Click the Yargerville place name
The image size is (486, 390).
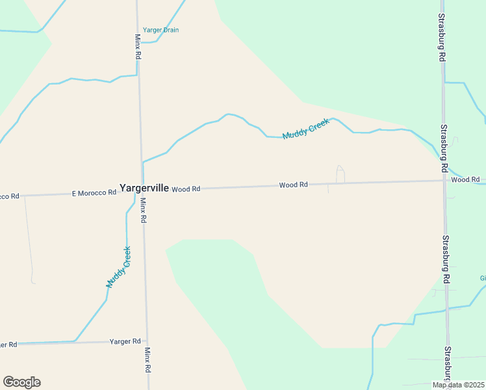pos(144,188)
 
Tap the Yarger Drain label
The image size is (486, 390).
pos(160,30)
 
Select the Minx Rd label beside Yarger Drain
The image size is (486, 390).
pos(138,47)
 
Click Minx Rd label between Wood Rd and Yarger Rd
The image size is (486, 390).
pos(144,211)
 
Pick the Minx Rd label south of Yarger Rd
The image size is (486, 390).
pos(148,359)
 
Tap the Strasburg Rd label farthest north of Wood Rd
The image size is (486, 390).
pos(441,38)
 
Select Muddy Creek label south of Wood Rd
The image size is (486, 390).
pos(118,267)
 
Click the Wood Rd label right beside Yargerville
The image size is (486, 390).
pos(186,189)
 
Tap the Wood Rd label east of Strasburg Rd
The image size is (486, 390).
pos(465,179)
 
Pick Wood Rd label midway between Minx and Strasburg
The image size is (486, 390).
pos(294,185)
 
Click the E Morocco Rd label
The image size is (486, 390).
pos(94,192)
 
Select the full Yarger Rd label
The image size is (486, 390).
pos(125,341)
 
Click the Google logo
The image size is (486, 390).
pos(21,382)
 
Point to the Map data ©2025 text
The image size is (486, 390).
pos(459,385)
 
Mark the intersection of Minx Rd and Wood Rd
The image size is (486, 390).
pos(142,190)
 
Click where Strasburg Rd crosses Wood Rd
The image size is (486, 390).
pos(444,181)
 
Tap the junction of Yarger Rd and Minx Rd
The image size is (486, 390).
pos(147,341)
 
